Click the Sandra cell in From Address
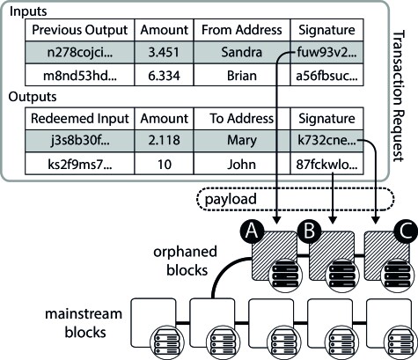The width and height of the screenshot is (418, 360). click(242, 52)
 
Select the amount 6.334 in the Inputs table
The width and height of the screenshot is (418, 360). click(164, 76)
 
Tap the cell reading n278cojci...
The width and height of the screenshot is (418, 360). click(80, 52)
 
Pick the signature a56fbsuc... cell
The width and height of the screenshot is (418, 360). click(326, 76)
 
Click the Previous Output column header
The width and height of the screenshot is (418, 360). click(80, 30)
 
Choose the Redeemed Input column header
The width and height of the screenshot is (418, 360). click(80, 119)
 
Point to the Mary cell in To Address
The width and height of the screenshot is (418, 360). click(242, 141)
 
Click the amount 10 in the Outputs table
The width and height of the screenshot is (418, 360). click(164, 164)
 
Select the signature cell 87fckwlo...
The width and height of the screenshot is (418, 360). click(326, 164)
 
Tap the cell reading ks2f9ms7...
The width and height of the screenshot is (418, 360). click(80, 164)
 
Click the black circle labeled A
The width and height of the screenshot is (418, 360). click(252, 231)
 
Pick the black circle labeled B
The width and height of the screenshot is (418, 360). click(309, 231)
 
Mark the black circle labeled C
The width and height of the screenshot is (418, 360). click(407, 231)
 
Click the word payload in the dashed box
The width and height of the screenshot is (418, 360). click(231, 199)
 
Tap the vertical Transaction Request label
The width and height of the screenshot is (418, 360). click(399, 96)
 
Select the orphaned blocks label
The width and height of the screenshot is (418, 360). click(186, 261)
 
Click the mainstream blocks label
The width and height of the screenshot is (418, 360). click(84, 323)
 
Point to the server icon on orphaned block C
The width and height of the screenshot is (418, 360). click(397, 276)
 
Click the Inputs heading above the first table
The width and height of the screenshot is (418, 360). click(28, 11)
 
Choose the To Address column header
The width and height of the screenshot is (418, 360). click(242, 119)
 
